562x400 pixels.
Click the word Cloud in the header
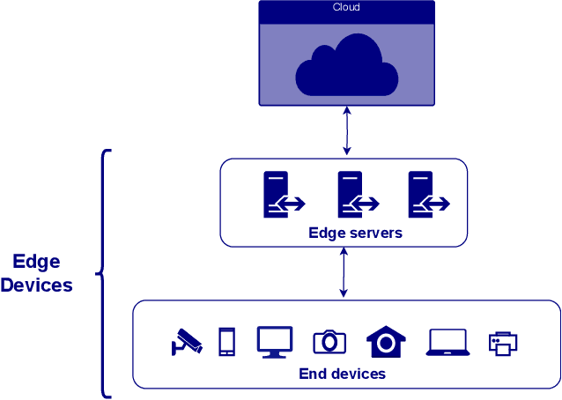click(345, 8)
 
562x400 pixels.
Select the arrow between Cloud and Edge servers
click(347, 130)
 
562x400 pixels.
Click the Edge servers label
click(355, 233)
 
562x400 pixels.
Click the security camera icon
click(186, 342)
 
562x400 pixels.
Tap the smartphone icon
click(226, 342)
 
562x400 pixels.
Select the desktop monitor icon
click(274, 342)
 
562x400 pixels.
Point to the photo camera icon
click(329, 342)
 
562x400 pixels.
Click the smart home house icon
click(385, 342)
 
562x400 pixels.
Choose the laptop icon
click(447, 342)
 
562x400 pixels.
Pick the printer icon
click(502, 343)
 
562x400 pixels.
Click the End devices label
click(342, 374)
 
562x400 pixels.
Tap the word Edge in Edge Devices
click(36, 262)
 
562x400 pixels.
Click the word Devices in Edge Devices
click(36, 285)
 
